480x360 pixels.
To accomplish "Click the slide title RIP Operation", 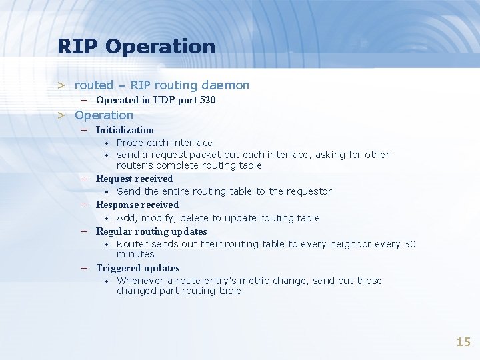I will click(136, 46).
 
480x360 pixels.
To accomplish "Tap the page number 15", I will click(463, 342).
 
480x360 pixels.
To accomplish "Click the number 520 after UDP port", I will click(207, 100).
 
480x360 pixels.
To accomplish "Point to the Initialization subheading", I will click(125, 130).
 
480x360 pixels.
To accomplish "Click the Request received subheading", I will click(134, 179).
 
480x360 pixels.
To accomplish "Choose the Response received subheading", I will click(137, 205).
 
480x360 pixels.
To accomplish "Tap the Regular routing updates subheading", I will click(151, 231).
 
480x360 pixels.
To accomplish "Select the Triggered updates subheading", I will click(138, 268).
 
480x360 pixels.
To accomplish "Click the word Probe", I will click(130, 143).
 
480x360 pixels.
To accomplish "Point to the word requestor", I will click(309, 191).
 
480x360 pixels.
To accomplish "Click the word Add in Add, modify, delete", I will click(126, 218).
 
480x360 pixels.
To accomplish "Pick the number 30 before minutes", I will click(409, 244).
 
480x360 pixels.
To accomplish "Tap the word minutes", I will click(135, 254).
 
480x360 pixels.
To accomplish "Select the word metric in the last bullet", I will click(257, 281).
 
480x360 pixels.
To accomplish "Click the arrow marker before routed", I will click(61, 85).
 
